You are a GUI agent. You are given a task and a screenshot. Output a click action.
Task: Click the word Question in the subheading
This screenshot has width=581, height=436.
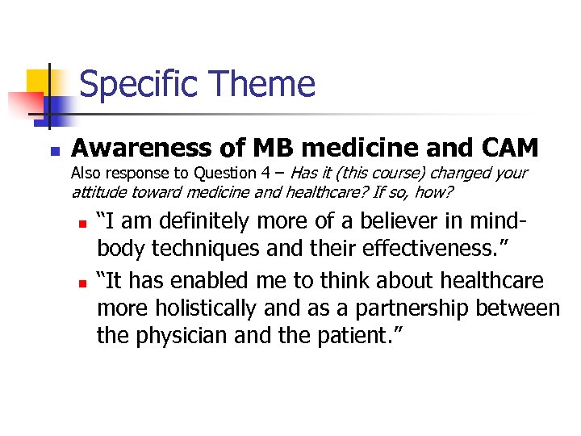pyautogui.click(x=219, y=173)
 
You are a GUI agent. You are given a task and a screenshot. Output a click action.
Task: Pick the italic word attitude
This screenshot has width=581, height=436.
pyautogui.click(x=99, y=192)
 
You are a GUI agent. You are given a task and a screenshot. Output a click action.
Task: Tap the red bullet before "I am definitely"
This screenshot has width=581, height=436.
pyautogui.click(x=80, y=223)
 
